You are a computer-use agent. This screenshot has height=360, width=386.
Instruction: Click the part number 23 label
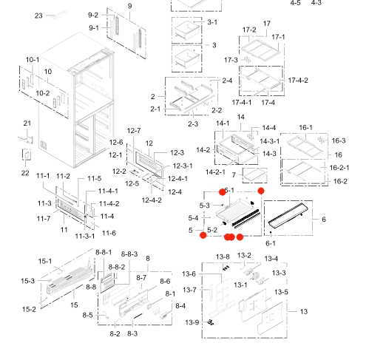tap(39, 15)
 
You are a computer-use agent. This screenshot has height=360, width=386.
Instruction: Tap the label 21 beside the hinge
tap(27, 123)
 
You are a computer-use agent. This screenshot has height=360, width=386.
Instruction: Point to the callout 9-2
tap(93, 15)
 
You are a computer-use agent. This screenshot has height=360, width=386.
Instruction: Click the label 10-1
tap(33, 59)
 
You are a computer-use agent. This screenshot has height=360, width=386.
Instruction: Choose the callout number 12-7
tap(133, 131)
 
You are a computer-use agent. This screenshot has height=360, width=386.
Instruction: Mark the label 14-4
tap(269, 128)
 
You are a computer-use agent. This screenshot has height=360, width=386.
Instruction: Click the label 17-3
tap(231, 60)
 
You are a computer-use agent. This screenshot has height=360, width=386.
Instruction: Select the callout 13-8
tap(223, 257)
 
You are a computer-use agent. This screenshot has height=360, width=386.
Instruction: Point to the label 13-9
tap(192, 322)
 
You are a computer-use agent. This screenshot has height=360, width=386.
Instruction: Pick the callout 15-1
tap(45, 261)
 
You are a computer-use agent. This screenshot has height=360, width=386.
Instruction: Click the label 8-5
tap(88, 316)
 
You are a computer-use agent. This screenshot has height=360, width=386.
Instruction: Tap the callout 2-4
tap(227, 81)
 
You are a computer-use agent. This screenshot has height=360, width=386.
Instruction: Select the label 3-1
tap(212, 23)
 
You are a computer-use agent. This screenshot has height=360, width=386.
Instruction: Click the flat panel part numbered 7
tap(256, 176)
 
